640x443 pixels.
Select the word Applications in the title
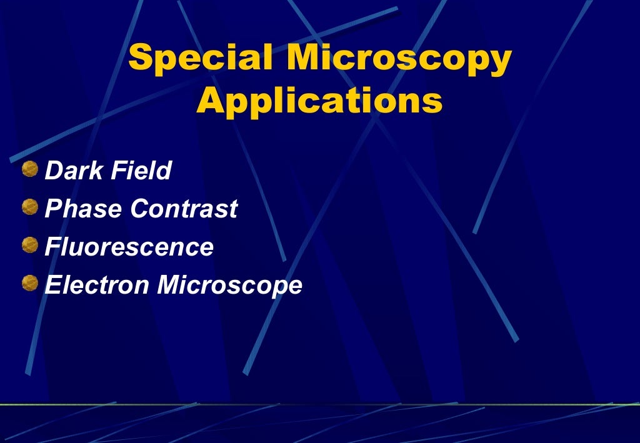(319, 101)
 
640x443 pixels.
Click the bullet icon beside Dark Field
(29, 169)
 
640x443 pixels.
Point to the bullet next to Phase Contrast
(29, 207)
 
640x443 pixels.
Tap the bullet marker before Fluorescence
(29, 246)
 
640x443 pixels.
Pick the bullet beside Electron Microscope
(29, 284)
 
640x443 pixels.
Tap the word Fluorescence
(129, 247)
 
